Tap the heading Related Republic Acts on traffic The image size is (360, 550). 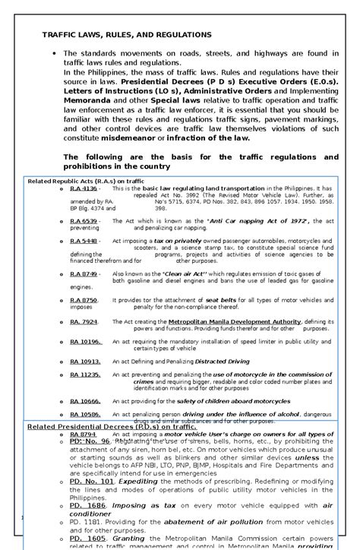pyautogui.click(x=86, y=182)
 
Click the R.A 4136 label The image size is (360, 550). pyautogui.click(x=84, y=188)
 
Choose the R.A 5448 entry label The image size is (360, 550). pyautogui.click(x=84, y=241)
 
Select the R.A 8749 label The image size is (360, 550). pyautogui.click(x=84, y=273)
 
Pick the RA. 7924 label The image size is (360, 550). pyautogui.click(x=84, y=322)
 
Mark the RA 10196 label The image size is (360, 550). pyautogui.click(x=85, y=342)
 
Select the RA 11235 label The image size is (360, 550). pyautogui.click(x=85, y=375)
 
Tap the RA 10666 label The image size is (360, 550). pyautogui.click(x=85, y=400)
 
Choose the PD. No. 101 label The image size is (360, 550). pyautogui.click(x=92, y=481)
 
